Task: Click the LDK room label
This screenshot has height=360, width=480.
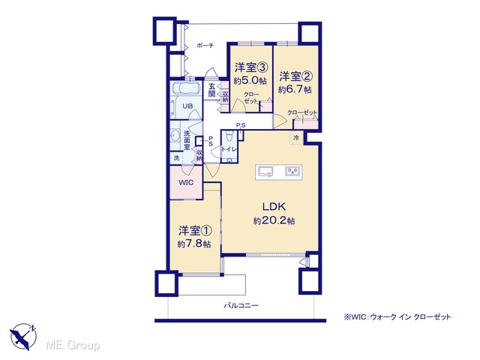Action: click(274, 207)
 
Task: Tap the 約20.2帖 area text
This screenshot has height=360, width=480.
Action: click(274, 220)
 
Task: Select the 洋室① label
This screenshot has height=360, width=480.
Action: click(195, 230)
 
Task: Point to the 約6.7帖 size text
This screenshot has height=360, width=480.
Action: click(295, 90)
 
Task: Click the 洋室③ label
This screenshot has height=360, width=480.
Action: click(251, 67)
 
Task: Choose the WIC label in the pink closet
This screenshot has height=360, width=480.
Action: click(186, 183)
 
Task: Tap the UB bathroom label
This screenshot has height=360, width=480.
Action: click(187, 106)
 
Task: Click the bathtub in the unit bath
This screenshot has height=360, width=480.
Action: click(186, 88)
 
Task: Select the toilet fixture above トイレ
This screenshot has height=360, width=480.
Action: click(229, 136)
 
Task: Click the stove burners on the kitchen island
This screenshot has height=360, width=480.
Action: click(292, 172)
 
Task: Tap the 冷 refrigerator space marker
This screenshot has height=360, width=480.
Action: click(296, 138)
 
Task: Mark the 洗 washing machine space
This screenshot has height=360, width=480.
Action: click(176, 158)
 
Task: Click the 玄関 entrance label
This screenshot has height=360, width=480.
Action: click(211, 90)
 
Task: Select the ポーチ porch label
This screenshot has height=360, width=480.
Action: click(205, 46)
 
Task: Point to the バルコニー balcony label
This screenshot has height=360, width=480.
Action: click(241, 305)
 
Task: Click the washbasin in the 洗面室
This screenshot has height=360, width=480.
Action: click(175, 135)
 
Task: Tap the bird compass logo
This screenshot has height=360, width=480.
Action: click(23, 336)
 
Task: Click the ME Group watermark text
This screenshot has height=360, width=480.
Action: click(73, 345)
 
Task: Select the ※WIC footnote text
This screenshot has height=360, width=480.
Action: click(397, 316)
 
